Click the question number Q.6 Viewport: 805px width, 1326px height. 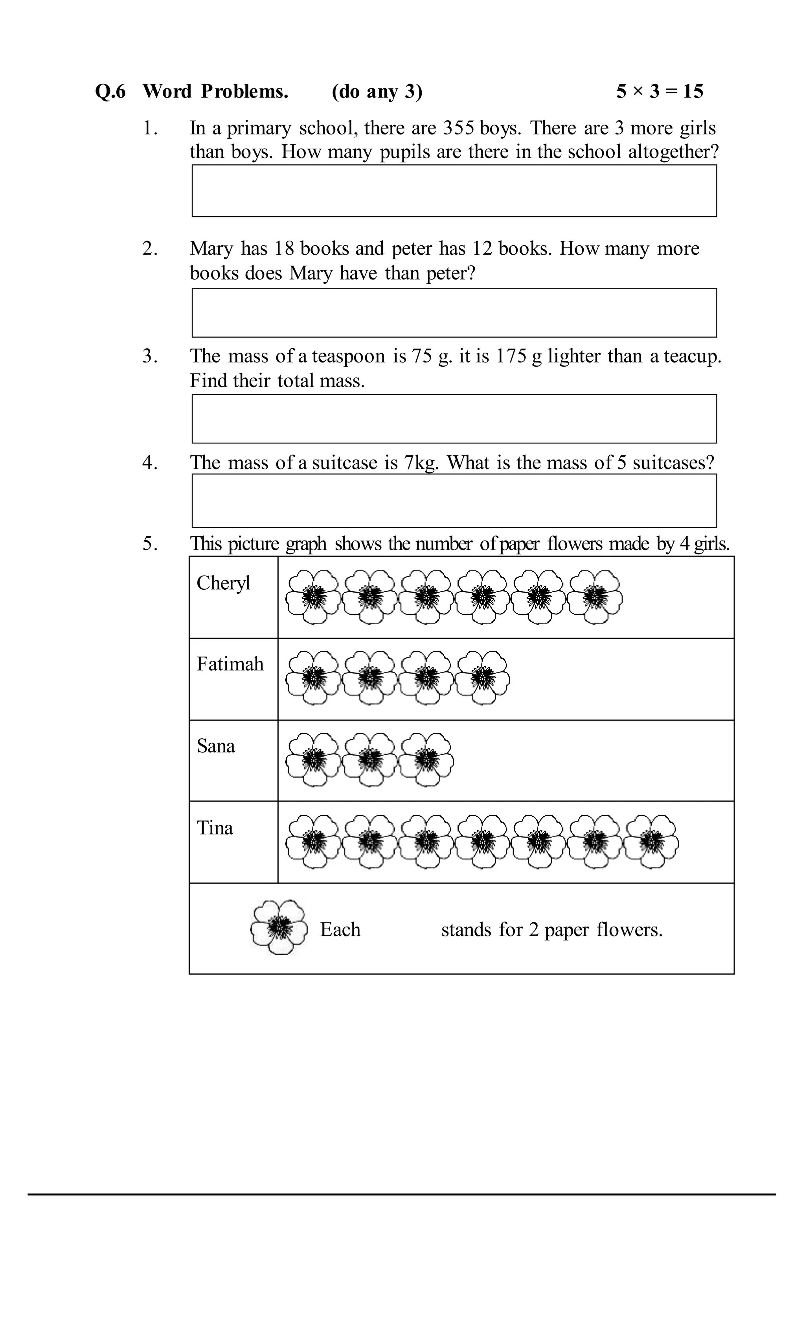[x=110, y=92]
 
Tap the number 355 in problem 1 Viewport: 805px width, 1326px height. [x=458, y=128]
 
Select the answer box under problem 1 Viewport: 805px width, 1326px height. [x=454, y=191]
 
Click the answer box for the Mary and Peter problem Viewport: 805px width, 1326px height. [x=454, y=313]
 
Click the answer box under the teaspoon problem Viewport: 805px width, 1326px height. [x=454, y=419]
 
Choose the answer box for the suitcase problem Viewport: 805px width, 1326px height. [x=454, y=500]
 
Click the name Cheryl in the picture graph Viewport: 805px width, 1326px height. [x=223, y=583]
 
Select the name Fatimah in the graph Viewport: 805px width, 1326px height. [x=230, y=664]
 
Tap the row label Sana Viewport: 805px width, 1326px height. [x=216, y=746]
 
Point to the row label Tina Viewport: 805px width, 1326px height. [x=215, y=827]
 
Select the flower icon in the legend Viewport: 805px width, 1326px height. [x=279, y=927]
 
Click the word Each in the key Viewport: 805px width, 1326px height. [x=340, y=929]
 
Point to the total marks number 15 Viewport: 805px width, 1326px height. [x=693, y=92]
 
